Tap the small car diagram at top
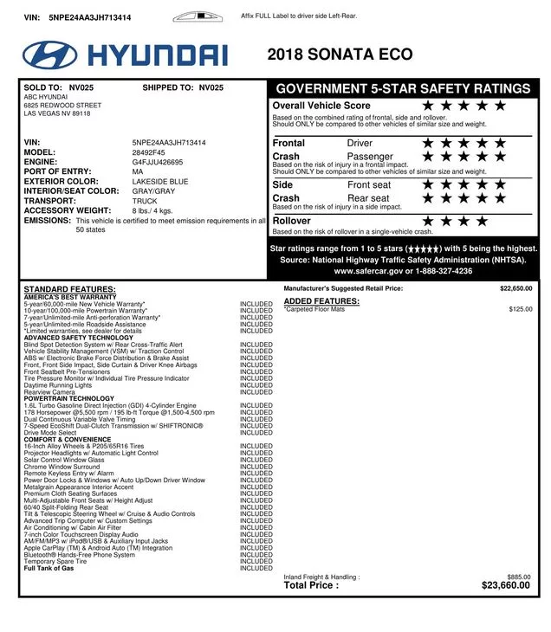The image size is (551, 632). (x=198, y=16)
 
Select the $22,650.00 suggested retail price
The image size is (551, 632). (x=515, y=288)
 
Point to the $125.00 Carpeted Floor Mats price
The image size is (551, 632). (x=521, y=309)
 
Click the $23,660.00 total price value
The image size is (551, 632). (x=505, y=585)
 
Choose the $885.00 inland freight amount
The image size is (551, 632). (x=519, y=577)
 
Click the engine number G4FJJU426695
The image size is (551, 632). (x=157, y=162)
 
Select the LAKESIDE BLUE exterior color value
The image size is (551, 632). (x=159, y=181)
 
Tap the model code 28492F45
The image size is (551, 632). (x=148, y=152)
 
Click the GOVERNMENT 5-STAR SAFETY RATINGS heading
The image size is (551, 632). (x=403, y=88)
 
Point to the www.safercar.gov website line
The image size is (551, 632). (x=403, y=271)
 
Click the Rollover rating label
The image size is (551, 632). (x=291, y=221)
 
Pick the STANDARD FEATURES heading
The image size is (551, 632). (x=69, y=289)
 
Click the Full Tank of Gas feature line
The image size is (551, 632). (x=49, y=569)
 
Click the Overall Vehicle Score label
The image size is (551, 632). (x=321, y=106)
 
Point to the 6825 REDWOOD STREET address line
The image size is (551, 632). (x=62, y=106)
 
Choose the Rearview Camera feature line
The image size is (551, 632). (x=49, y=391)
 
